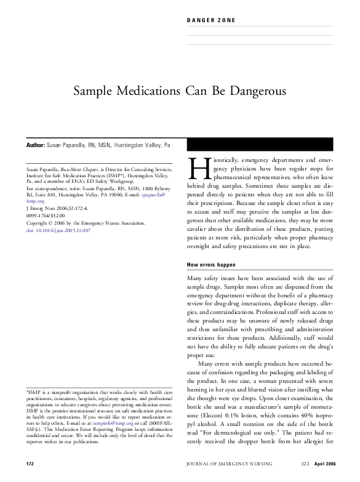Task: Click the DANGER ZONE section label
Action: point(210,21)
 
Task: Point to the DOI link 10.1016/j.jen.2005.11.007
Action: point(63,247)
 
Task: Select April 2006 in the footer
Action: point(321,462)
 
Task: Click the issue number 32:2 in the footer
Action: point(297,462)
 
